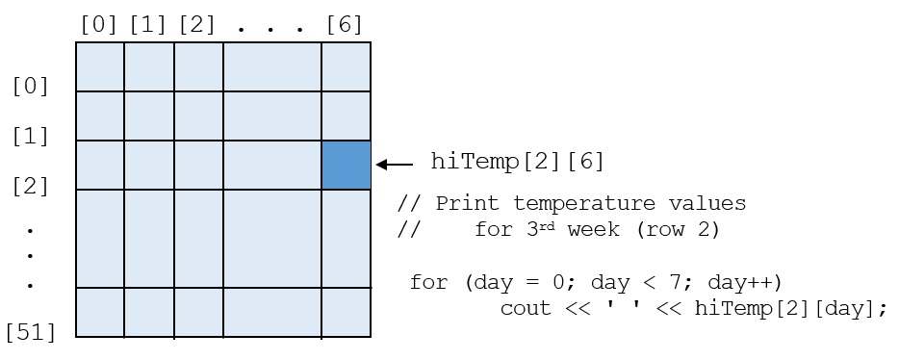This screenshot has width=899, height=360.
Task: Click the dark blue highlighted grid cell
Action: click(x=346, y=166)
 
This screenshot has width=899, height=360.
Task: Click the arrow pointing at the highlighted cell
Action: click(x=395, y=165)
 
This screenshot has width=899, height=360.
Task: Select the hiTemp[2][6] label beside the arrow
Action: click(x=518, y=162)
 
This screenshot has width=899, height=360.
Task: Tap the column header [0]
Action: click(x=98, y=25)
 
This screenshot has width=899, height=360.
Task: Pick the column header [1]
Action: click(x=148, y=25)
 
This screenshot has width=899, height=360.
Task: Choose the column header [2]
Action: click(x=196, y=25)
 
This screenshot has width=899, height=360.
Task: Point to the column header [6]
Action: click(x=344, y=25)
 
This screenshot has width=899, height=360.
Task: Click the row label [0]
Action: click(x=31, y=87)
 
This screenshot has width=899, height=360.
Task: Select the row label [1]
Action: click(x=31, y=137)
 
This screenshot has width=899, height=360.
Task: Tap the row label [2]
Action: click(x=31, y=187)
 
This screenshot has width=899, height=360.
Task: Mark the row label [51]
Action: click(x=31, y=332)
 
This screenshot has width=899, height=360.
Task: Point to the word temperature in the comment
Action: click(x=583, y=203)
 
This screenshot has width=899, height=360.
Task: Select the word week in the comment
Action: click(x=594, y=229)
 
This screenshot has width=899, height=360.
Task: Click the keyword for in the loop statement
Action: click(x=428, y=282)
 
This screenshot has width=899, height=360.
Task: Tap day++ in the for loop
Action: click(x=745, y=283)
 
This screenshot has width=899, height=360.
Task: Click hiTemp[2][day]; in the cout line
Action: click(x=790, y=309)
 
